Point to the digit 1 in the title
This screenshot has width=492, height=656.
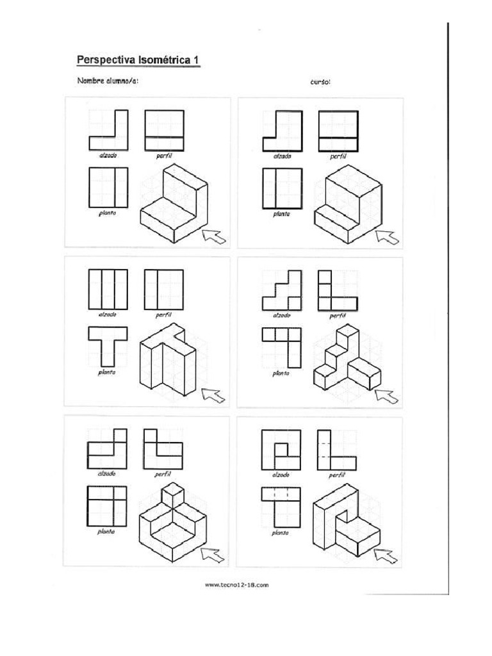pos(197,60)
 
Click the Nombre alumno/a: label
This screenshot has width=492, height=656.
pos(107,81)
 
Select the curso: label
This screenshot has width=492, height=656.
pos(320,82)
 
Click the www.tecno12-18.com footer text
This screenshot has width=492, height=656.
pos(236,584)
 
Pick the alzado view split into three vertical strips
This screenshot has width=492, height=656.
pos(107,290)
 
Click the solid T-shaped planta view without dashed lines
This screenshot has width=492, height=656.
pos(107,346)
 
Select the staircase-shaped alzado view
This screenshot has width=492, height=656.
pos(281,290)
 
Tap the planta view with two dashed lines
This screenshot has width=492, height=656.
pos(281,506)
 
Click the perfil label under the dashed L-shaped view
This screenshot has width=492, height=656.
pos(337,476)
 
